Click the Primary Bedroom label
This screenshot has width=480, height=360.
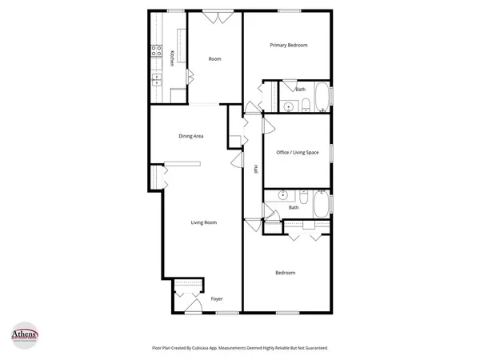[x=289, y=46]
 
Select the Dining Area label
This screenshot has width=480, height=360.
[x=190, y=136]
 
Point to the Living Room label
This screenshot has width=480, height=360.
[x=203, y=222]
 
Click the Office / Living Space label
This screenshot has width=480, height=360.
[x=298, y=152]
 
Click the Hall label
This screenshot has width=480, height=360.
[x=255, y=169]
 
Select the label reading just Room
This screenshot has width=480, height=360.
[x=214, y=59]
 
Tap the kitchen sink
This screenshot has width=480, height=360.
[x=157, y=79]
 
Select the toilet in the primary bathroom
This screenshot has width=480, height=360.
[x=306, y=105]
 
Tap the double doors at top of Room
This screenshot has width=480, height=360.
[x=216, y=18]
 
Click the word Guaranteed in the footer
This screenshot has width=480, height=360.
[x=313, y=348]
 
